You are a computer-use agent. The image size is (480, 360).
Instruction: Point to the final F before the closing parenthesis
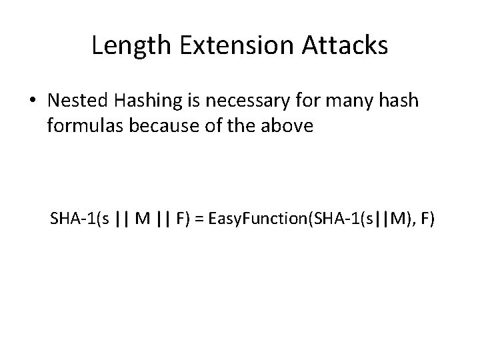[423, 219]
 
